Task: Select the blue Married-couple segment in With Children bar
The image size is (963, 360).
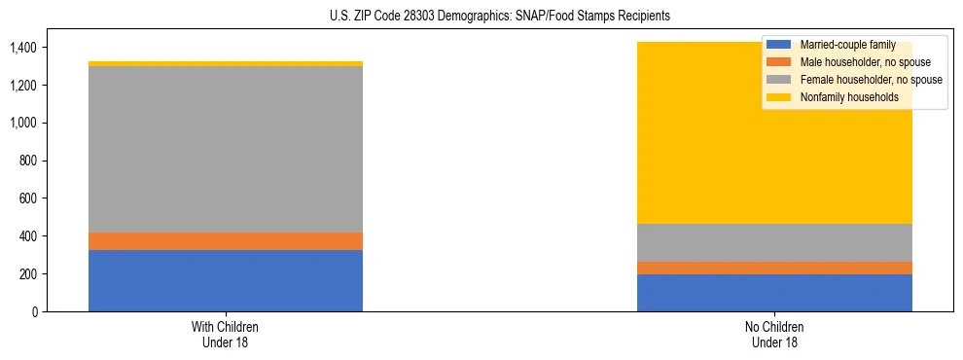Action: (x=226, y=280)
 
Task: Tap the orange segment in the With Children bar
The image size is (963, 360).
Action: (x=226, y=241)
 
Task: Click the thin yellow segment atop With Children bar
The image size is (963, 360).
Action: (x=226, y=63)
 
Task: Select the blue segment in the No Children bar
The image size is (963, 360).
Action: (x=774, y=293)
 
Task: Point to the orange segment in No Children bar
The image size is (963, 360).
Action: (x=774, y=268)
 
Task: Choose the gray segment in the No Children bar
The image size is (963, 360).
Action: (x=774, y=242)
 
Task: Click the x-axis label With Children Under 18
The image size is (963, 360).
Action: (x=226, y=334)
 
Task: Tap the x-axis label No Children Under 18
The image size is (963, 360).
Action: (x=774, y=334)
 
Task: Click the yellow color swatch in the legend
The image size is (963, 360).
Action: (x=779, y=97)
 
